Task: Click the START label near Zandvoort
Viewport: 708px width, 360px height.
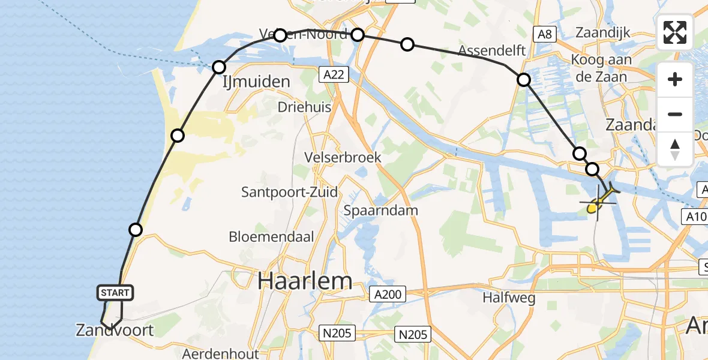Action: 115,293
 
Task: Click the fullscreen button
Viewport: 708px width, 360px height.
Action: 675,32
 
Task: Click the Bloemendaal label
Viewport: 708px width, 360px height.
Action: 271,236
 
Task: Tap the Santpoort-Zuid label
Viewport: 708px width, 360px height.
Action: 289,192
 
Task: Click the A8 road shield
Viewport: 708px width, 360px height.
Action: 544,34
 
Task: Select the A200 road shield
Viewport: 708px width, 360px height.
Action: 388,294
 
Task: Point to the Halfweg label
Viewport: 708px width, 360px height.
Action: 500,297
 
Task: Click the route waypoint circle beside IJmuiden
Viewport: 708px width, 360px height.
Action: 219,67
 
